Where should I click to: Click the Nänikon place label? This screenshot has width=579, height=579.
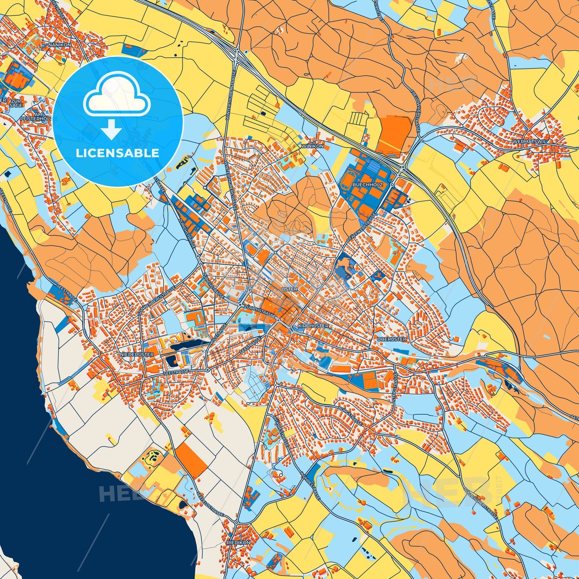(59, 45)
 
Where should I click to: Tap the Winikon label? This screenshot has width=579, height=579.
(313, 146)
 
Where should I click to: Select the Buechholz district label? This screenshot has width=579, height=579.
(367, 185)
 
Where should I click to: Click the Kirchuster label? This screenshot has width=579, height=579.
(313, 326)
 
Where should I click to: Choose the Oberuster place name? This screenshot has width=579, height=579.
(391, 339)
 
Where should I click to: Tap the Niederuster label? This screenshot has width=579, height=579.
(137, 355)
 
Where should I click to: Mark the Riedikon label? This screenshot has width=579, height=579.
(238, 543)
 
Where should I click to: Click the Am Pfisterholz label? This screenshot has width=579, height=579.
(38, 117)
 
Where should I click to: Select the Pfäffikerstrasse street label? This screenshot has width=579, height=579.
(361, 228)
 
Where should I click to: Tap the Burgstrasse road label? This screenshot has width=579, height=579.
(350, 417)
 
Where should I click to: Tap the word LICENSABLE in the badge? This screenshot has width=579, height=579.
(118, 153)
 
